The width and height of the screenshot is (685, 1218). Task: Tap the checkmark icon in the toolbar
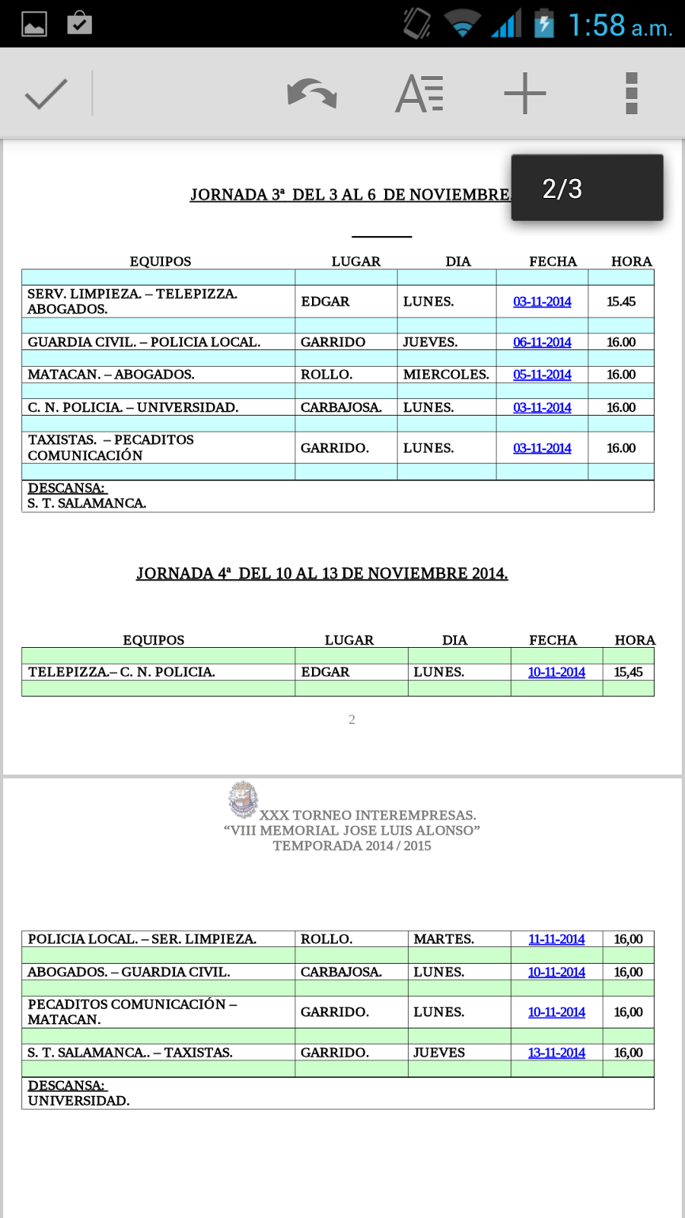click(46, 94)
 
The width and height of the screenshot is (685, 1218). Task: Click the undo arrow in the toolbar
click(312, 94)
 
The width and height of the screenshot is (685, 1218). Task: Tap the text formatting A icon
click(419, 94)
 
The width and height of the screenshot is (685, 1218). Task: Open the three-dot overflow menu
click(631, 94)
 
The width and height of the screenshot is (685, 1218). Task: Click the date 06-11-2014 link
click(542, 343)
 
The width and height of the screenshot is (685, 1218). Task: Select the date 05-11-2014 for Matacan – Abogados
click(542, 375)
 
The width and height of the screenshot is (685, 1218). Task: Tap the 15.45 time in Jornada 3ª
click(621, 301)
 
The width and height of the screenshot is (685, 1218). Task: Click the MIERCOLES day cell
click(446, 375)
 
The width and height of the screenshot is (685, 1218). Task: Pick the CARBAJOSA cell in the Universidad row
click(341, 407)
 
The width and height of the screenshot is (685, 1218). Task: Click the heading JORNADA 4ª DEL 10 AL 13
click(322, 573)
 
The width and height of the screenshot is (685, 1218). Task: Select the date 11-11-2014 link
click(556, 939)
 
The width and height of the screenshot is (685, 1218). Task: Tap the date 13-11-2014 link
click(556, 1053)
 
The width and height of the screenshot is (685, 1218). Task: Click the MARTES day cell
click(444, 939)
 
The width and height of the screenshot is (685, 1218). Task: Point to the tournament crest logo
click(243, 799)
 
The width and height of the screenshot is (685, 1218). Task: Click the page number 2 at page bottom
click(352, 719)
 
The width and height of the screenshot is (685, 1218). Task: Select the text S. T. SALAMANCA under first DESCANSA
click(87, 503)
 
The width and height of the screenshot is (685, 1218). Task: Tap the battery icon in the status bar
click(543, 24)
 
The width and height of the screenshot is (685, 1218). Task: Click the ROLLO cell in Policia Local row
click(327, 939)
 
